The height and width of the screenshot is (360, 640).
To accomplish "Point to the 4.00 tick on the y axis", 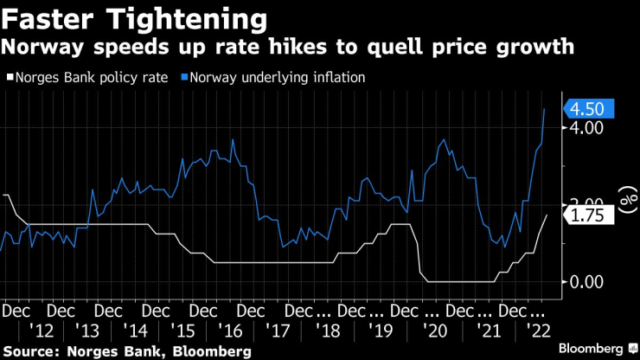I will coord(585,128).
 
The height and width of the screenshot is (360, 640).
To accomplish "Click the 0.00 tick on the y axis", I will coord(585,282).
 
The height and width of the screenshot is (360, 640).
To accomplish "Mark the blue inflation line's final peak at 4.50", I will coord(544,110).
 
